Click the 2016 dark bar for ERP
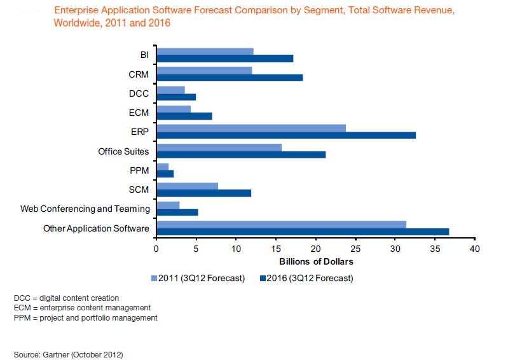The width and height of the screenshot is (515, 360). point(286,135)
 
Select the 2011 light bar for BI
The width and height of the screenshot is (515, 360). point(205,52)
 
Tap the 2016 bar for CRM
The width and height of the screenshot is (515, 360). point(230,78)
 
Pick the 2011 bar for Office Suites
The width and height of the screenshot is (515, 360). point(219,147)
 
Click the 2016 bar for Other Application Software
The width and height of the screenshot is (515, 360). point(303,231)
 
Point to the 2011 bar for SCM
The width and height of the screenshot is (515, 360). point(187,186)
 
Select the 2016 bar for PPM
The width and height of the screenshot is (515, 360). point(165,173)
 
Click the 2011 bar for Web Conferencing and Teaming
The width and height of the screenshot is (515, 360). point(168,205)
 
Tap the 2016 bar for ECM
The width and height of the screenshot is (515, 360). point(184,116)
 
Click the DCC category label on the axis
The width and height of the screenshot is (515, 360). point(139,93)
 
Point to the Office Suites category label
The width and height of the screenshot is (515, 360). point(123,151)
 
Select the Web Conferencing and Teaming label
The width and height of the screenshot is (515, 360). point(85,209)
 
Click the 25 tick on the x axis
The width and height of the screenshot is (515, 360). point(355,249)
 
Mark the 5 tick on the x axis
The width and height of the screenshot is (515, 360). point(196,249)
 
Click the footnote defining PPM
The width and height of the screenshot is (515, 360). point(85,317)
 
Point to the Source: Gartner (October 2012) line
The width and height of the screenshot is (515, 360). point(67,352)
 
